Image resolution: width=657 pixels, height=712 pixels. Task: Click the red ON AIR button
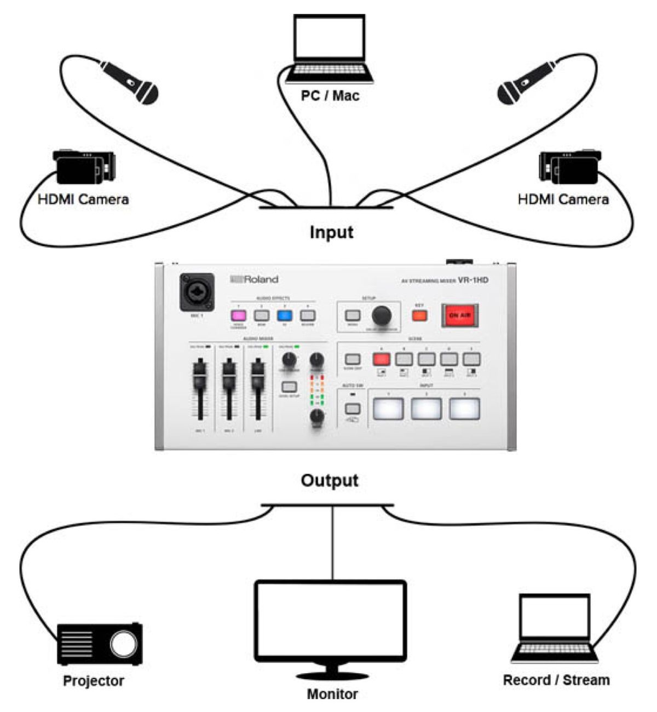[460, 316]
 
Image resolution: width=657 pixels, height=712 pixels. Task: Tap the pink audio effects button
[239, 316]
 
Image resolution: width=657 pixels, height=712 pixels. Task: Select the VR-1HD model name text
[472, 280]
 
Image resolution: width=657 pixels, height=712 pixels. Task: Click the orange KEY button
[419, 316]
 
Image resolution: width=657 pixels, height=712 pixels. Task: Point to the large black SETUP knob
[382, 315]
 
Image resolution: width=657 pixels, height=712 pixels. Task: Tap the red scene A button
[381, 359]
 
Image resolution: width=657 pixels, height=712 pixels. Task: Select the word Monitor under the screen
[332, 694]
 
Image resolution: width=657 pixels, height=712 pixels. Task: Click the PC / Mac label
[330, 96]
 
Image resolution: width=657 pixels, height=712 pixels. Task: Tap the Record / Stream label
[556, 680]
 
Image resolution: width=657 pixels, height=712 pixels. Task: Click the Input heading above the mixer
[331, 232]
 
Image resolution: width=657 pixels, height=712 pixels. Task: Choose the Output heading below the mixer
[330, 480]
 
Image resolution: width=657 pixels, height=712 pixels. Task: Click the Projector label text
[94, 681]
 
